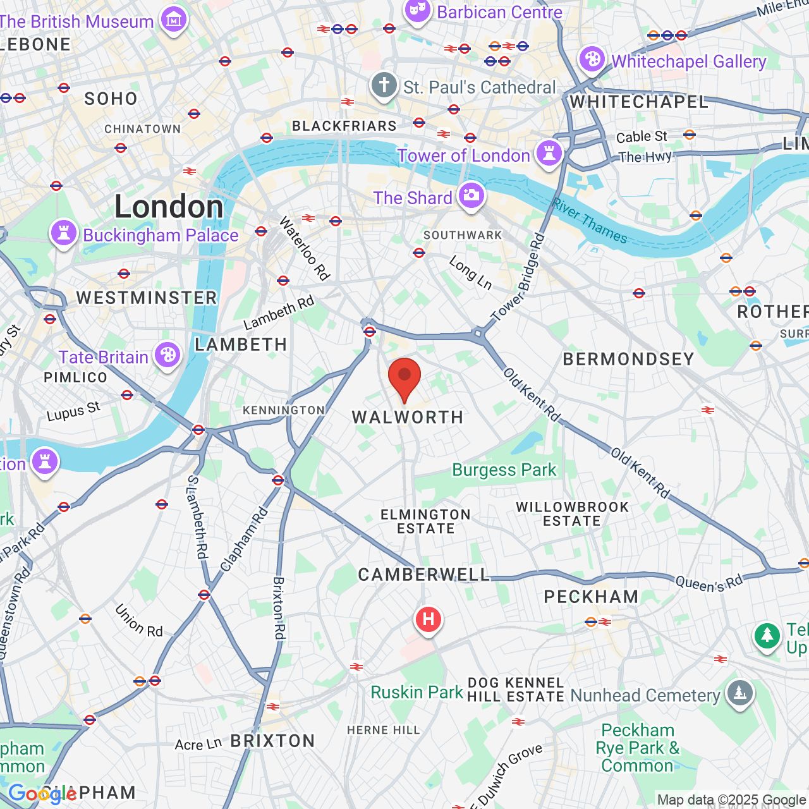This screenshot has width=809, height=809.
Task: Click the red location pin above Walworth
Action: tap(404, 377)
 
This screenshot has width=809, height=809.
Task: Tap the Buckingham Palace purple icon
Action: tap(63, 233)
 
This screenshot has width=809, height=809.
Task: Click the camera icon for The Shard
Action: tap(471, 195)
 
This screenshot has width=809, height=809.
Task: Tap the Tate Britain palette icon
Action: tap(167, 355)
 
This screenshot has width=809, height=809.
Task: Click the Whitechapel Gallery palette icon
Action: tap(592, 60)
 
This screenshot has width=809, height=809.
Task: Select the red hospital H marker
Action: tap(428, 619)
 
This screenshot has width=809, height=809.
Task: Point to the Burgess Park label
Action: tap(504, 470)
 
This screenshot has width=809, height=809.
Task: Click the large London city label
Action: tap(169, 207)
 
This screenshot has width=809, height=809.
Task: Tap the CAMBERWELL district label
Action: tap(424, 575)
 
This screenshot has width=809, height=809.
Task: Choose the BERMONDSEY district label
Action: tap(628, 359)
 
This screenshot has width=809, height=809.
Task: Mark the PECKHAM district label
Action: tap(591, 597)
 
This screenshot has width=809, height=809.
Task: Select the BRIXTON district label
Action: tap(272, 741)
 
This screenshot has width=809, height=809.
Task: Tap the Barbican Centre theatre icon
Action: tap(417, 11)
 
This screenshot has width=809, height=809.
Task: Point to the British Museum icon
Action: tap(173, 20)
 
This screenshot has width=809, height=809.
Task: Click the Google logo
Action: tap(42, 794)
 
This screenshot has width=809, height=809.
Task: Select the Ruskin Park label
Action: tap(417, 693)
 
